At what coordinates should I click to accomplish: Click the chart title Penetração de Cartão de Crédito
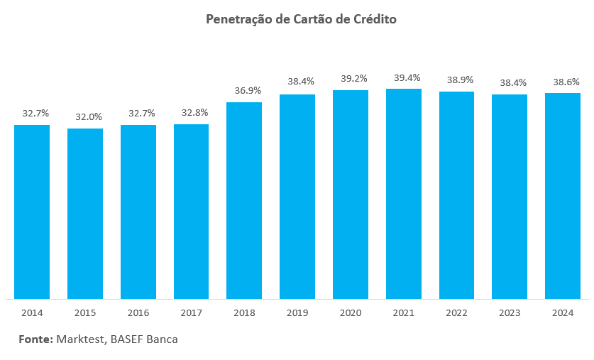tap(301, 19)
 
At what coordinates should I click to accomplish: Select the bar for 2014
tap(32, 212)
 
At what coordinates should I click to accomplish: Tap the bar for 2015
tap(85, 213)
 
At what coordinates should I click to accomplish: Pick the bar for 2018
tap(244, 200)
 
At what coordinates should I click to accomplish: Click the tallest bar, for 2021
tap(404, 193)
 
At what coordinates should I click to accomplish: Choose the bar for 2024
tap(563, 195)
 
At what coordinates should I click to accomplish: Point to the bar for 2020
tap(351, 194)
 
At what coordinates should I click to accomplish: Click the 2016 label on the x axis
tap(138, 312)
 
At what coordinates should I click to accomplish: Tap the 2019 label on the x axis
tap(297, 312)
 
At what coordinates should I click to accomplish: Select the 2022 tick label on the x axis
tap(456, 312)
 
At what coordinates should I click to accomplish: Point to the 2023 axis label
tap(510, 312)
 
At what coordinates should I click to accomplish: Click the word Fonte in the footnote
tap(35, 339)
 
